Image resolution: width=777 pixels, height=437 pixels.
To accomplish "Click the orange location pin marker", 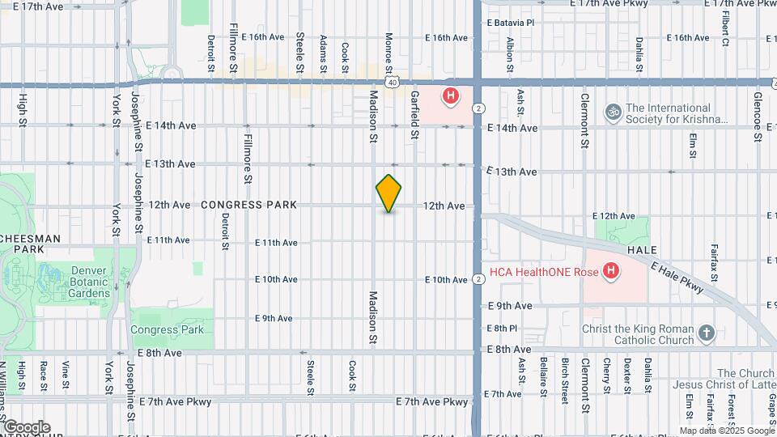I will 389,193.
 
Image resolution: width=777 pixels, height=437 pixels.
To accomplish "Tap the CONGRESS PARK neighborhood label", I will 248,206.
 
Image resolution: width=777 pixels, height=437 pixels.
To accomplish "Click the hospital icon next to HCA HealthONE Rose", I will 611,271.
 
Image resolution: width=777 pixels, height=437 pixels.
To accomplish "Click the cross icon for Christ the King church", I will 707,333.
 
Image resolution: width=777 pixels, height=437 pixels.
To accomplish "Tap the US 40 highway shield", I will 392,82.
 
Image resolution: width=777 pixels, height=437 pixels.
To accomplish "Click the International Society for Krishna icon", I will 614,112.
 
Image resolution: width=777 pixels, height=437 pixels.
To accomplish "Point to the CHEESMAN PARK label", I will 30,244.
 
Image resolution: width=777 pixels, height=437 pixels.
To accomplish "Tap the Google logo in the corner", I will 26,427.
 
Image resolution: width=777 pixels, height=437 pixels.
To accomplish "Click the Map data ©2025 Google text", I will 727,431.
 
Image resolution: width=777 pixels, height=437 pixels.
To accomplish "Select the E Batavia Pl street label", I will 509,23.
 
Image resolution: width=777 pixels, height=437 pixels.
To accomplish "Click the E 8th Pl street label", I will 502,328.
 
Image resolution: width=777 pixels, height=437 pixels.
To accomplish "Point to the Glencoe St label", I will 758,117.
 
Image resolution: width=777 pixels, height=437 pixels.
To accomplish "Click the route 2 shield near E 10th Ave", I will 479,279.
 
